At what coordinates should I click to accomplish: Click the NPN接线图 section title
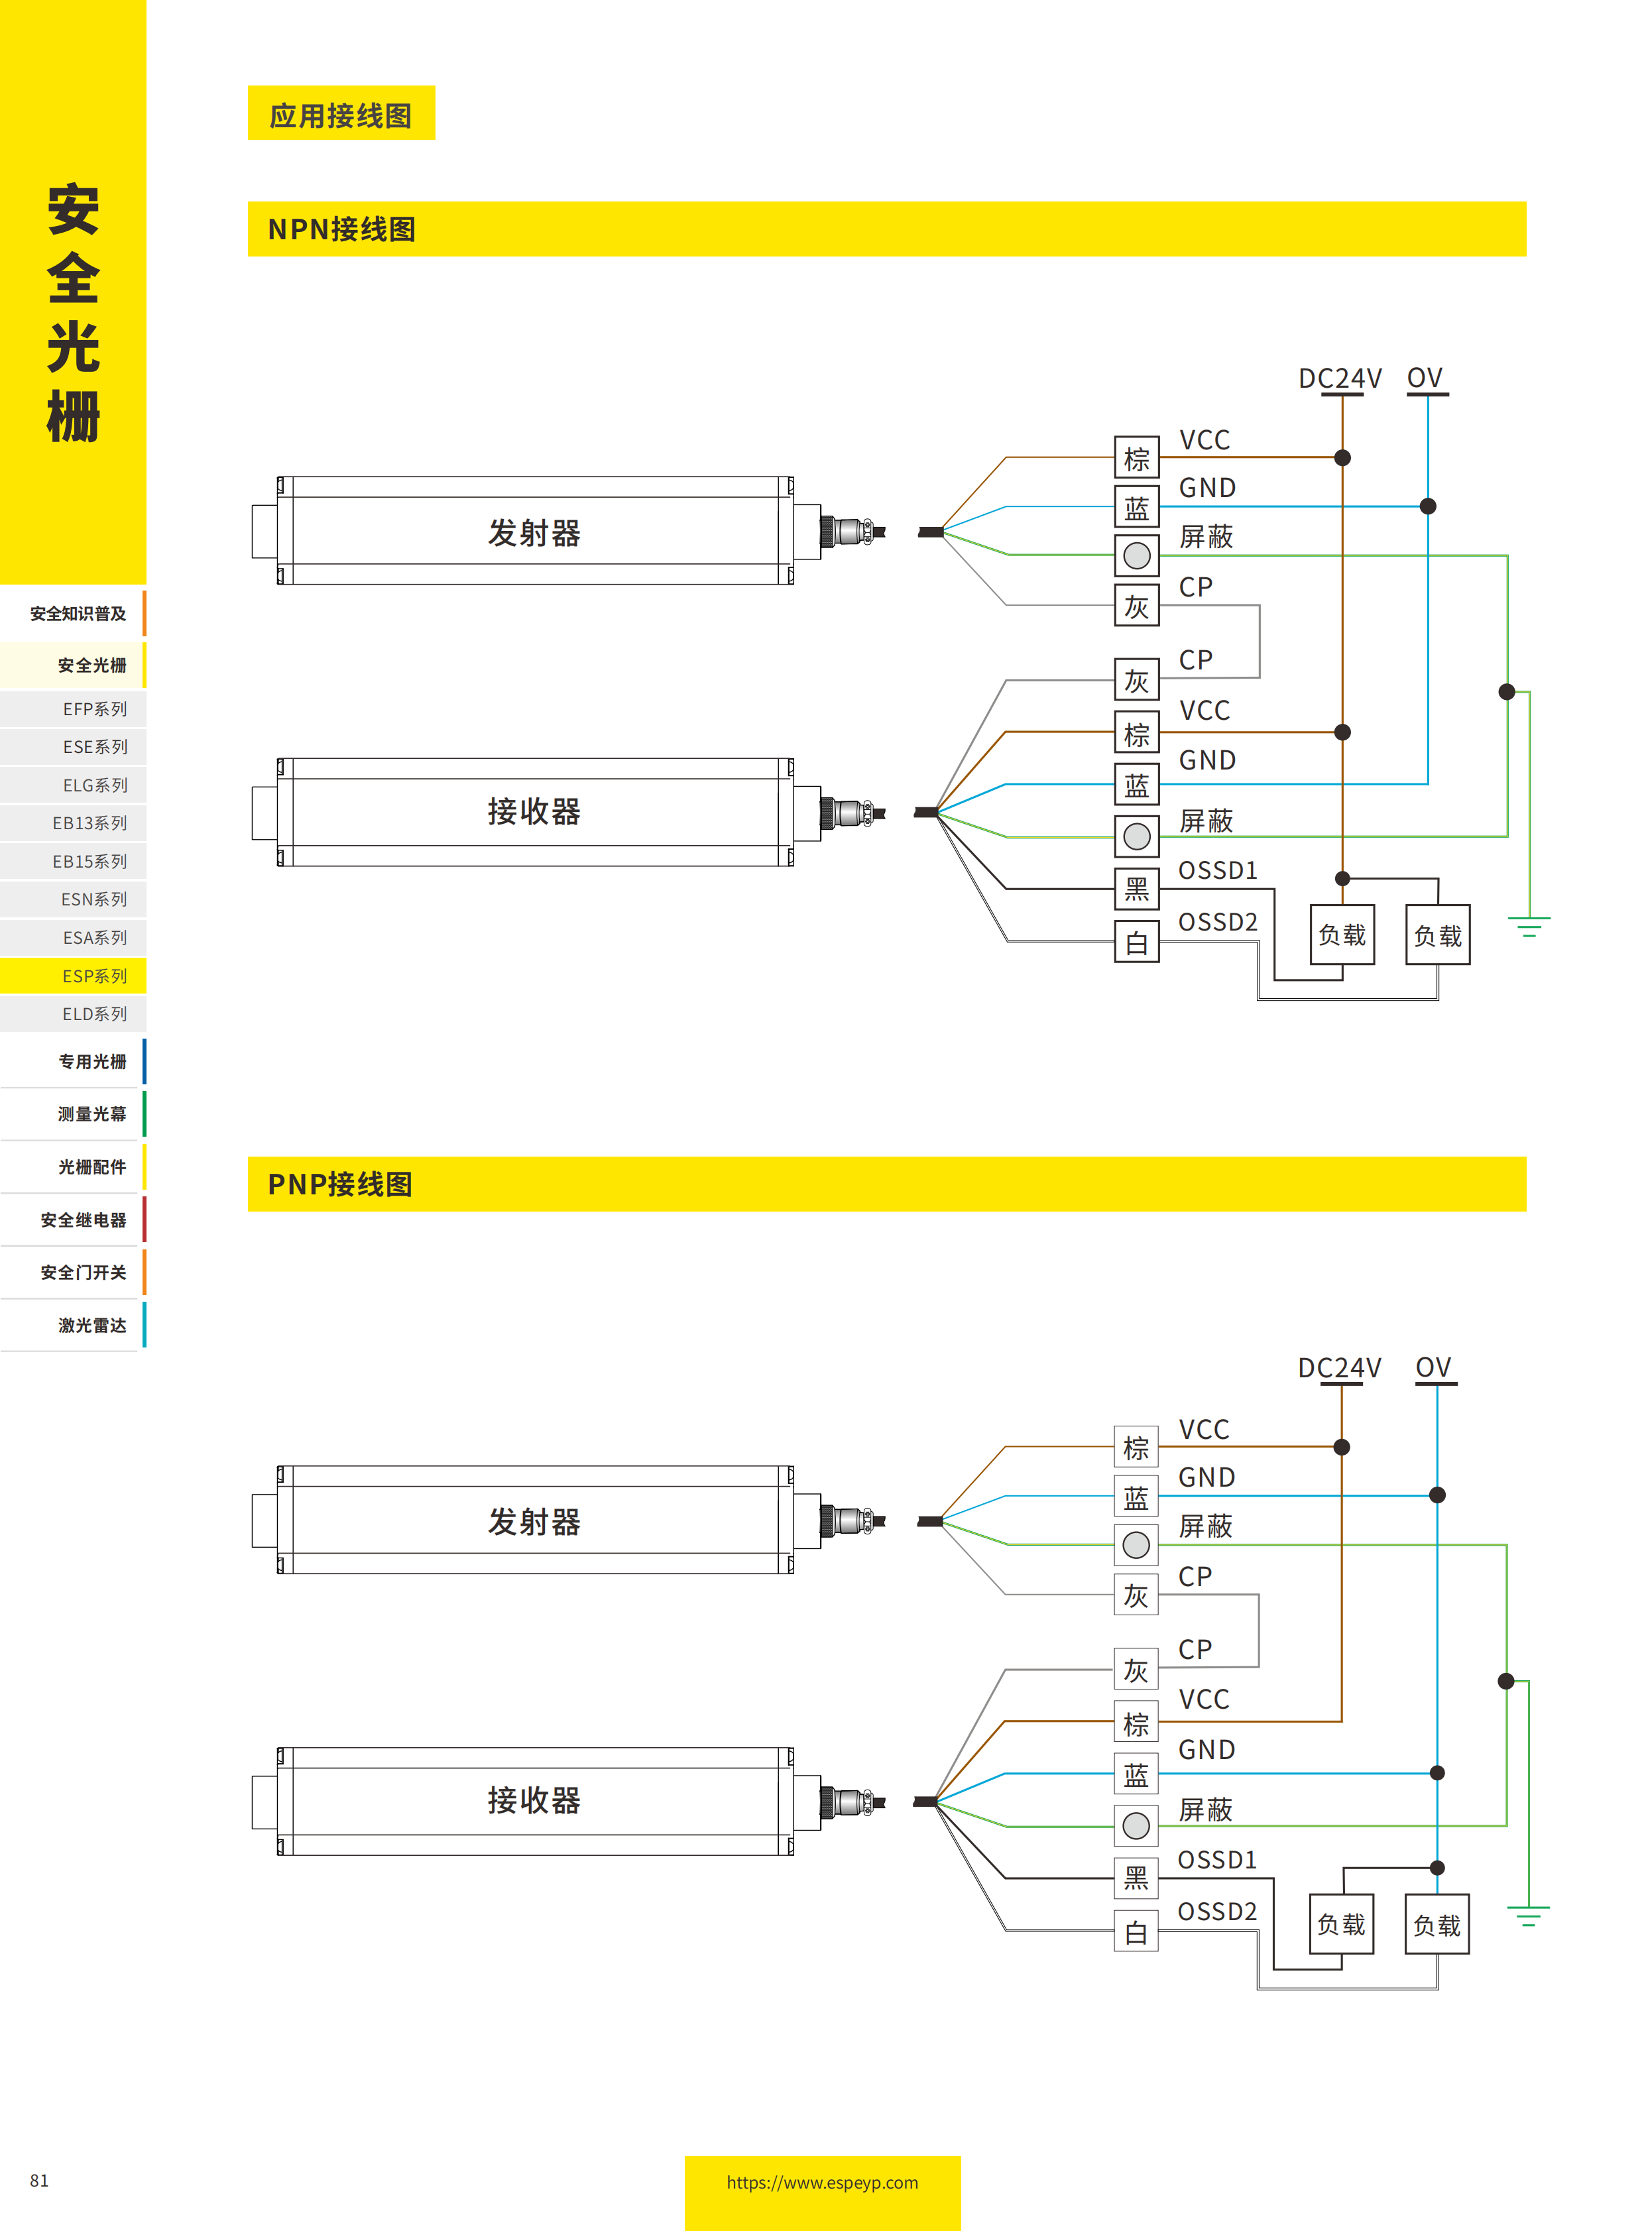coord(341,229)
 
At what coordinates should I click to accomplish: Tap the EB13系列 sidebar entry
coord(89,823)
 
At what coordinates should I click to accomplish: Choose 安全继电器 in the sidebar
coord(83,1219)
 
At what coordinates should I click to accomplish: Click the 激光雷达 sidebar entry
coord(91,1324)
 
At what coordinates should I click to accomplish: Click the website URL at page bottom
coord(822,2182)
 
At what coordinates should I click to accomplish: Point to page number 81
coord(39,2180)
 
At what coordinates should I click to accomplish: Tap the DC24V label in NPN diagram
coord(1340,378)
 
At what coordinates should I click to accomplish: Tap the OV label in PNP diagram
coord(1433,1367)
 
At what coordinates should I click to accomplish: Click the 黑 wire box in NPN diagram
coord(1136,889)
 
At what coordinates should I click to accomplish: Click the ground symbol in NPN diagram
coord(1529,927)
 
